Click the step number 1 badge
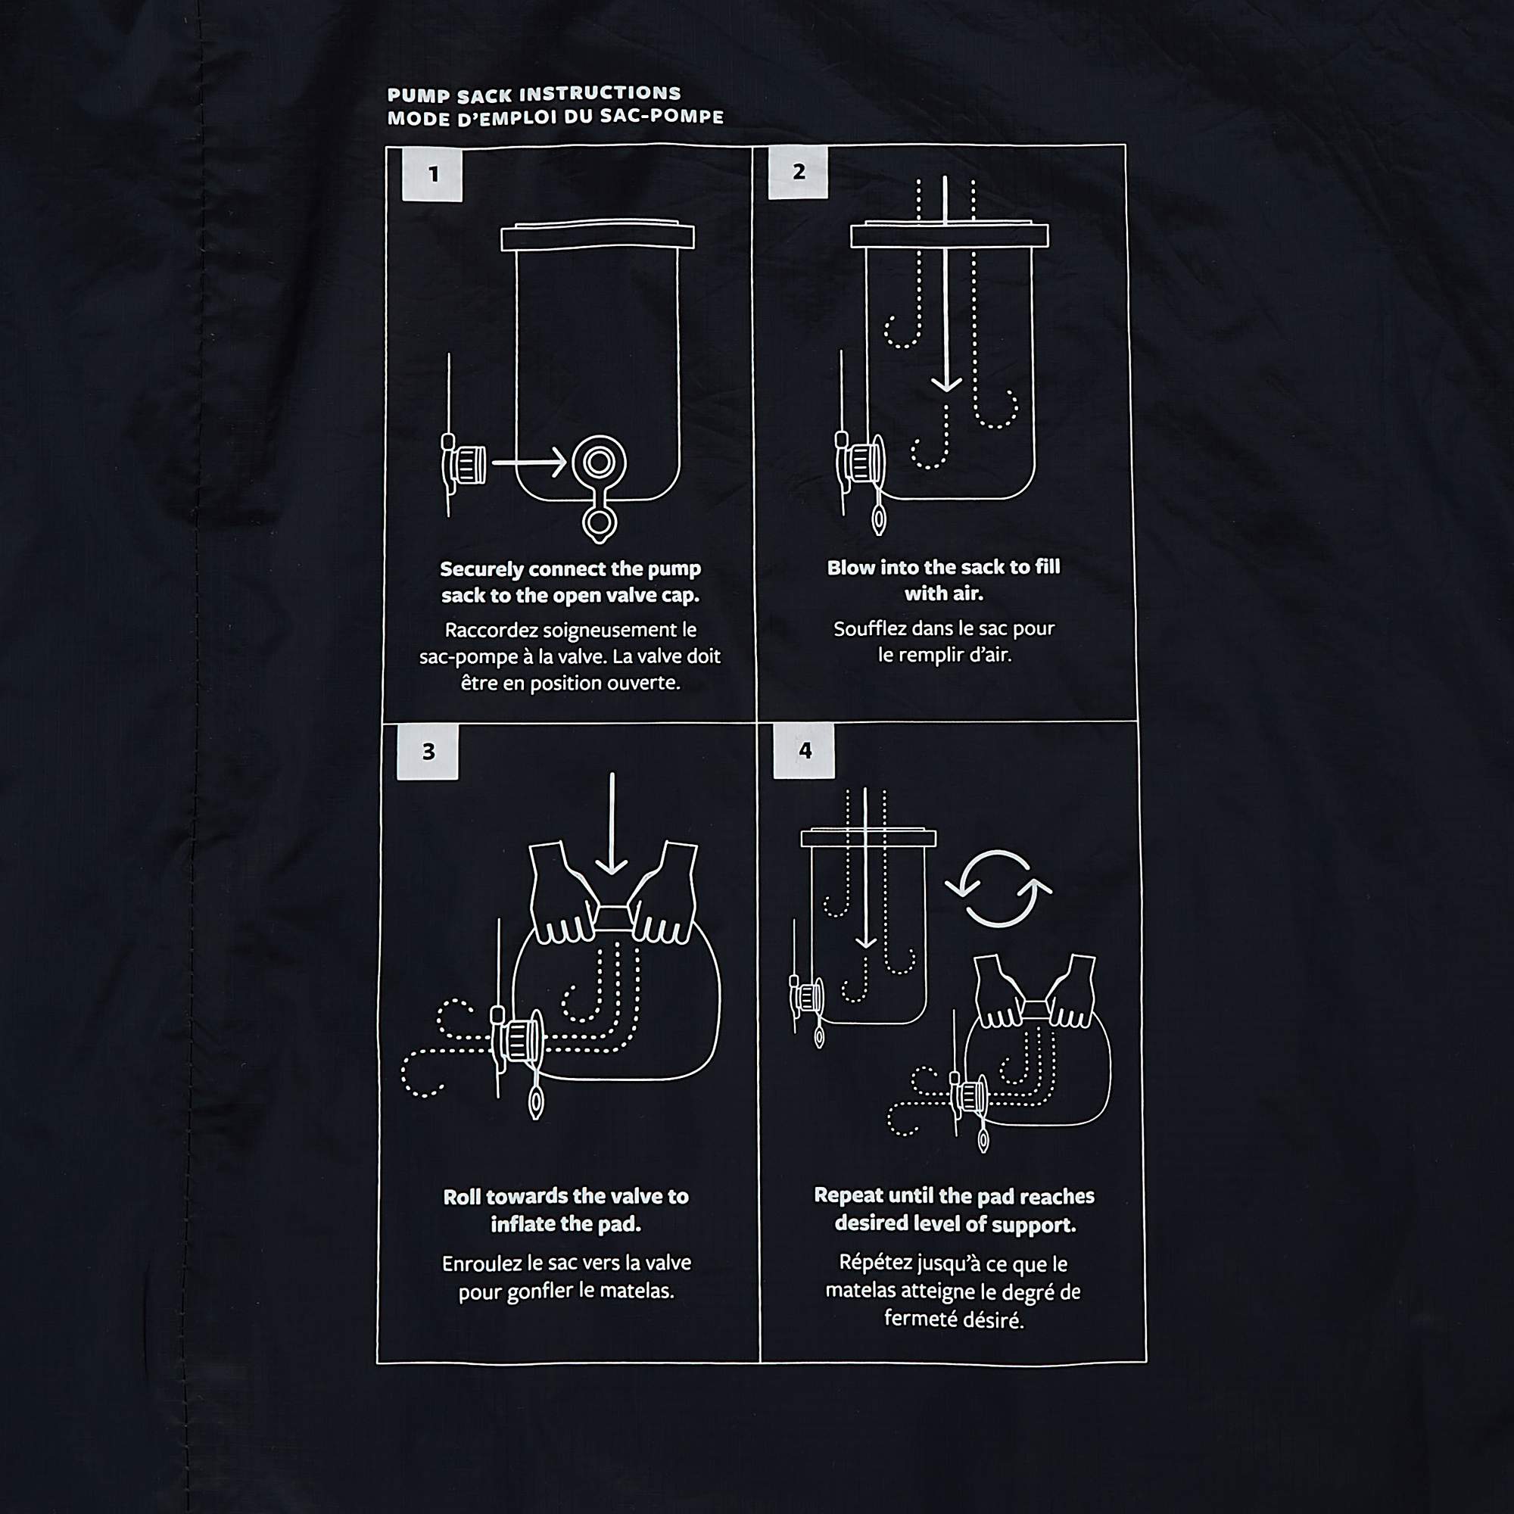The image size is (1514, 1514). click(431, 174)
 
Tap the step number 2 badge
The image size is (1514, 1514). click(798, 172)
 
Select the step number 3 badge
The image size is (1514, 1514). click(427, 752)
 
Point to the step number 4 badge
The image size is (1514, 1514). click(804, 751)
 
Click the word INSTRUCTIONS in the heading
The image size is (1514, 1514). click(600, 94)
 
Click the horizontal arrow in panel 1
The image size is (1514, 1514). click(529, 463)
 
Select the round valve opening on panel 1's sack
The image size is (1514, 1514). click(600, 463)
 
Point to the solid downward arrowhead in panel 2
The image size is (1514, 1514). click(947, 383)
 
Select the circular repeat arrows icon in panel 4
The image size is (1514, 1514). click(998, 889)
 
